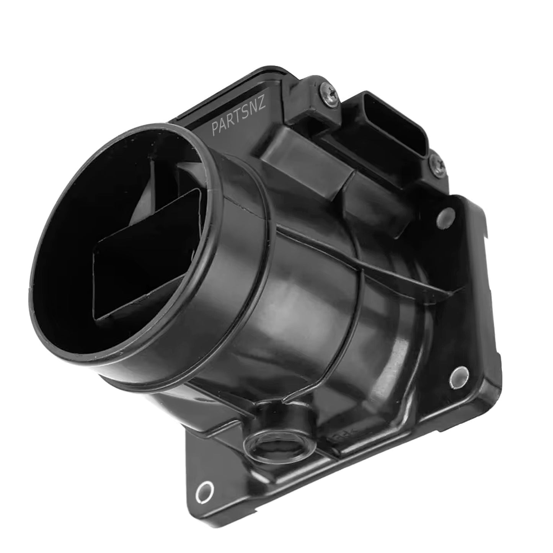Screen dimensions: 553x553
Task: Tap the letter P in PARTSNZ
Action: pos(215,129)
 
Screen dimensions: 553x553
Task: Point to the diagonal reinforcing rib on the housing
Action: pos(364,260)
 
